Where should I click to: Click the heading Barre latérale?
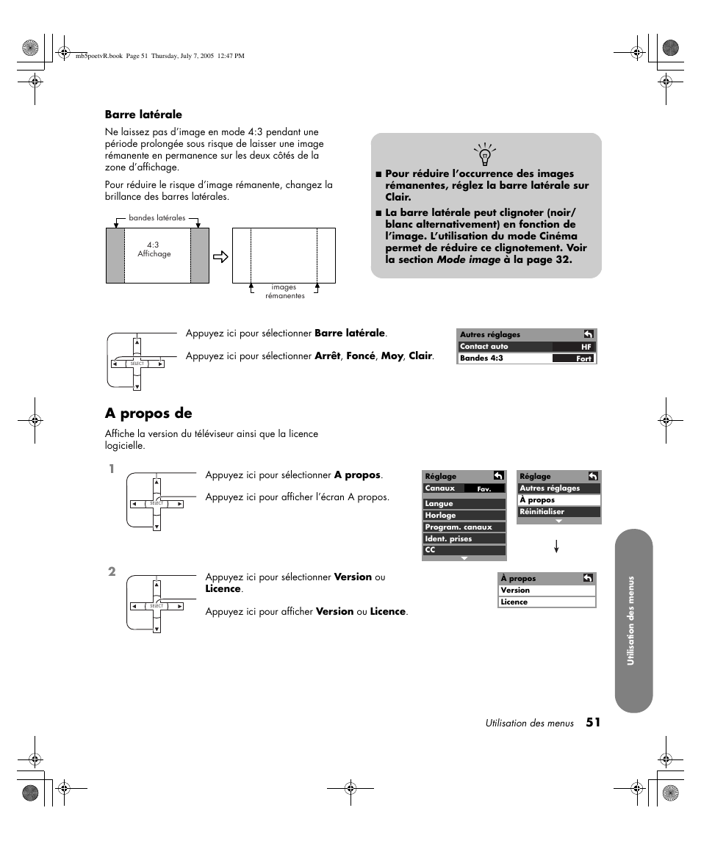[x=143, y=115]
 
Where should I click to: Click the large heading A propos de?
[x=148, y=414]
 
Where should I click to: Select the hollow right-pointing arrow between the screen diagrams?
[x=220, y=256]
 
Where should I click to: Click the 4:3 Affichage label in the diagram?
[x=154, y=250]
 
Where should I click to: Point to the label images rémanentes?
[x=284, y=292]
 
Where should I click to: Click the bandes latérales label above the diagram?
[x=157, y=218]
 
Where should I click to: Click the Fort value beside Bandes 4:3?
[x=584, y=358]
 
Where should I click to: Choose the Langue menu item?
[x=464, y=504]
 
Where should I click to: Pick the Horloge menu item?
[x=464, y=516]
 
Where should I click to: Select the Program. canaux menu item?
[x=464, y=527]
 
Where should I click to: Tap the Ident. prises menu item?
[x=464, y=539]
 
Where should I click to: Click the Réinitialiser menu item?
[x=559, y=512]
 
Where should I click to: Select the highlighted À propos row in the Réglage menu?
[x=559, y=500]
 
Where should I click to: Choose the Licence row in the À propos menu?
[x=547, y=602]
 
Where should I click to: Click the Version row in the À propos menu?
[x=547, y=591]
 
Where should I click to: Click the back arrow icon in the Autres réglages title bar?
[x=589, y=334]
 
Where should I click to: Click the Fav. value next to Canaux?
[x=485, y=489]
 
